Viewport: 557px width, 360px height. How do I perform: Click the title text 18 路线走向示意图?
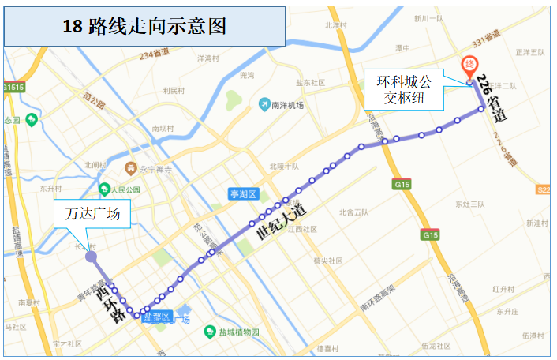click(144, 26)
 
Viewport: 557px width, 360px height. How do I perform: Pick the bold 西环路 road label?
click(111, 305)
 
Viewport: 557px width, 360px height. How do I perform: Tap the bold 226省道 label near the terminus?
click(495, 99)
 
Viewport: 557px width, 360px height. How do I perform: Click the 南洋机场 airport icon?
click(265, 104)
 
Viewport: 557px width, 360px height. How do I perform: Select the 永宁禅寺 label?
click(150, 168)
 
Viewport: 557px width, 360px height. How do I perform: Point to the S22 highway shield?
click(544, 189)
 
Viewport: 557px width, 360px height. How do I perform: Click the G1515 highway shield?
click(13, 87)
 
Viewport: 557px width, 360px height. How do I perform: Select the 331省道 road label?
click(486, 36)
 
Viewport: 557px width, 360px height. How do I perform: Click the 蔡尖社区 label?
click(327, 261)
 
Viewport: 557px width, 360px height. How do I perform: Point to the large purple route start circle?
click(91, 257)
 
